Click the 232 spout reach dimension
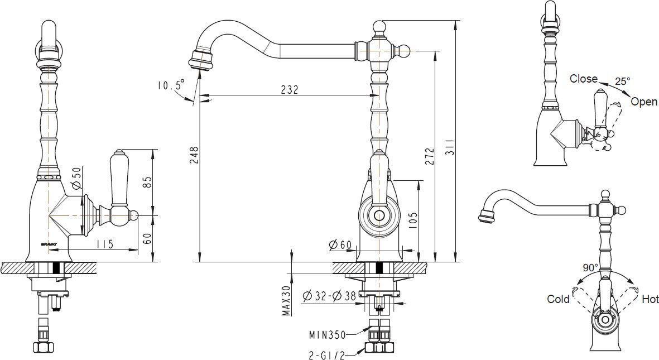click(x=289, y=89)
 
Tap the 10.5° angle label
click(x=170, y=85)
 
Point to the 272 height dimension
click(x=429, y=155)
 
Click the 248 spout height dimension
click(x=194, y=155)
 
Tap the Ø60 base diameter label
click(x=340, y=244)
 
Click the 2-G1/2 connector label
click(x=328, y=353)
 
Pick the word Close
click(x=583, y=79)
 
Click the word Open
click(x=643, y=102)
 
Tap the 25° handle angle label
click(x=622, y=81)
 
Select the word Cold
click(x=558, y=299)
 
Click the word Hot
click(x=650, y=300)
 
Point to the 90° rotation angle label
click(x=590, y=268)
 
